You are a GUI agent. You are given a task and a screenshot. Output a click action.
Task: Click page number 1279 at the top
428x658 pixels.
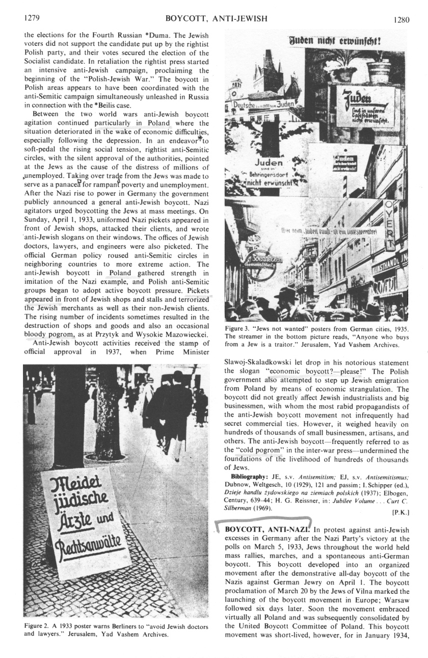(x=32, y=19)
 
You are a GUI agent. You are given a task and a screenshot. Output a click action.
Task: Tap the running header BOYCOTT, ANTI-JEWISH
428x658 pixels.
(x=217, y=19)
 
